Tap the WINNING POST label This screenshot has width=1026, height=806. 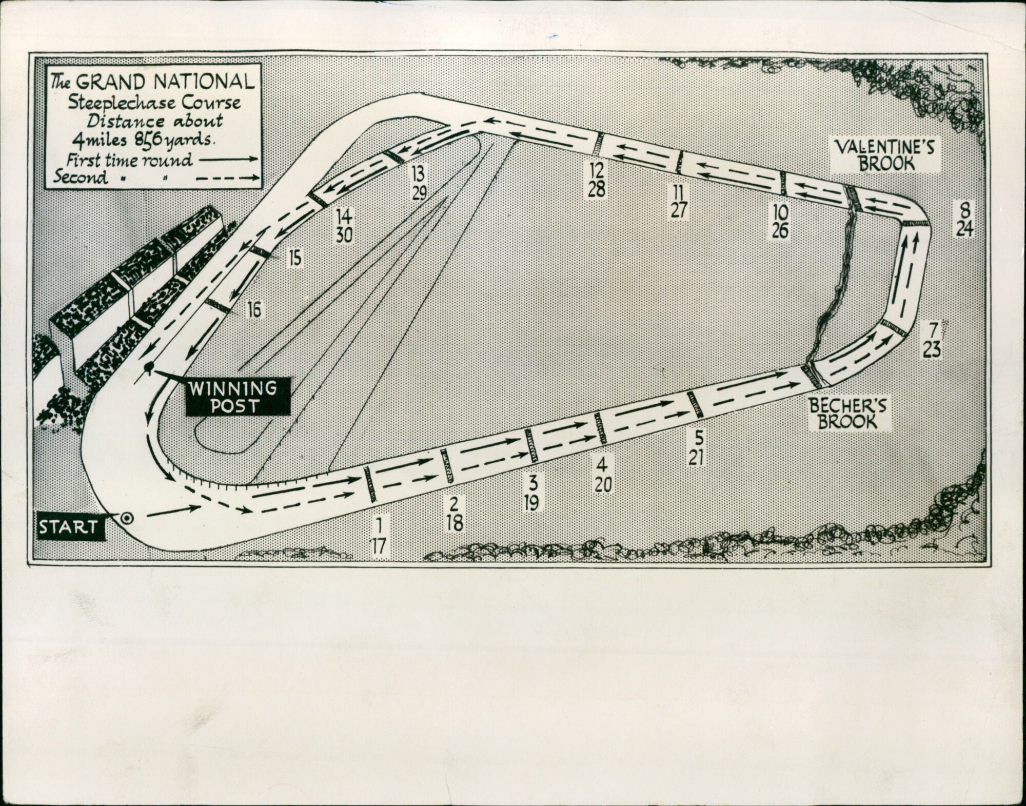[x=238, y=397]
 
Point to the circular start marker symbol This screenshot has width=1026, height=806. [x=127, y=518]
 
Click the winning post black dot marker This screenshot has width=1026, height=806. [x=149, y=367]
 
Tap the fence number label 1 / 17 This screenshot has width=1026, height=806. [x=379, y=536]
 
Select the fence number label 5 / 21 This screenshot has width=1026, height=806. [x=696, y=447]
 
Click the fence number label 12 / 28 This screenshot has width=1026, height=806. [x=597, y=180]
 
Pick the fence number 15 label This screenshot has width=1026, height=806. [x=295, y=258]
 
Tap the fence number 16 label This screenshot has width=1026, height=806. [x=254, y=309]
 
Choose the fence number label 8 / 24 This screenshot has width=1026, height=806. [x=964, y=219]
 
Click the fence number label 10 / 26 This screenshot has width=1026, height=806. [x=779, y=222]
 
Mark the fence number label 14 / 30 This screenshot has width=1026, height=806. [x=344, y=225]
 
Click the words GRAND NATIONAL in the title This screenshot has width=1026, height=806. [x=165, y=82]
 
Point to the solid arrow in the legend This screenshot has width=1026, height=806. [x=228, y=160]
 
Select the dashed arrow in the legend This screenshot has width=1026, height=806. [x=228, y=178]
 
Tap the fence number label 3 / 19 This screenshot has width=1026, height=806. [x=532, y=493]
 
